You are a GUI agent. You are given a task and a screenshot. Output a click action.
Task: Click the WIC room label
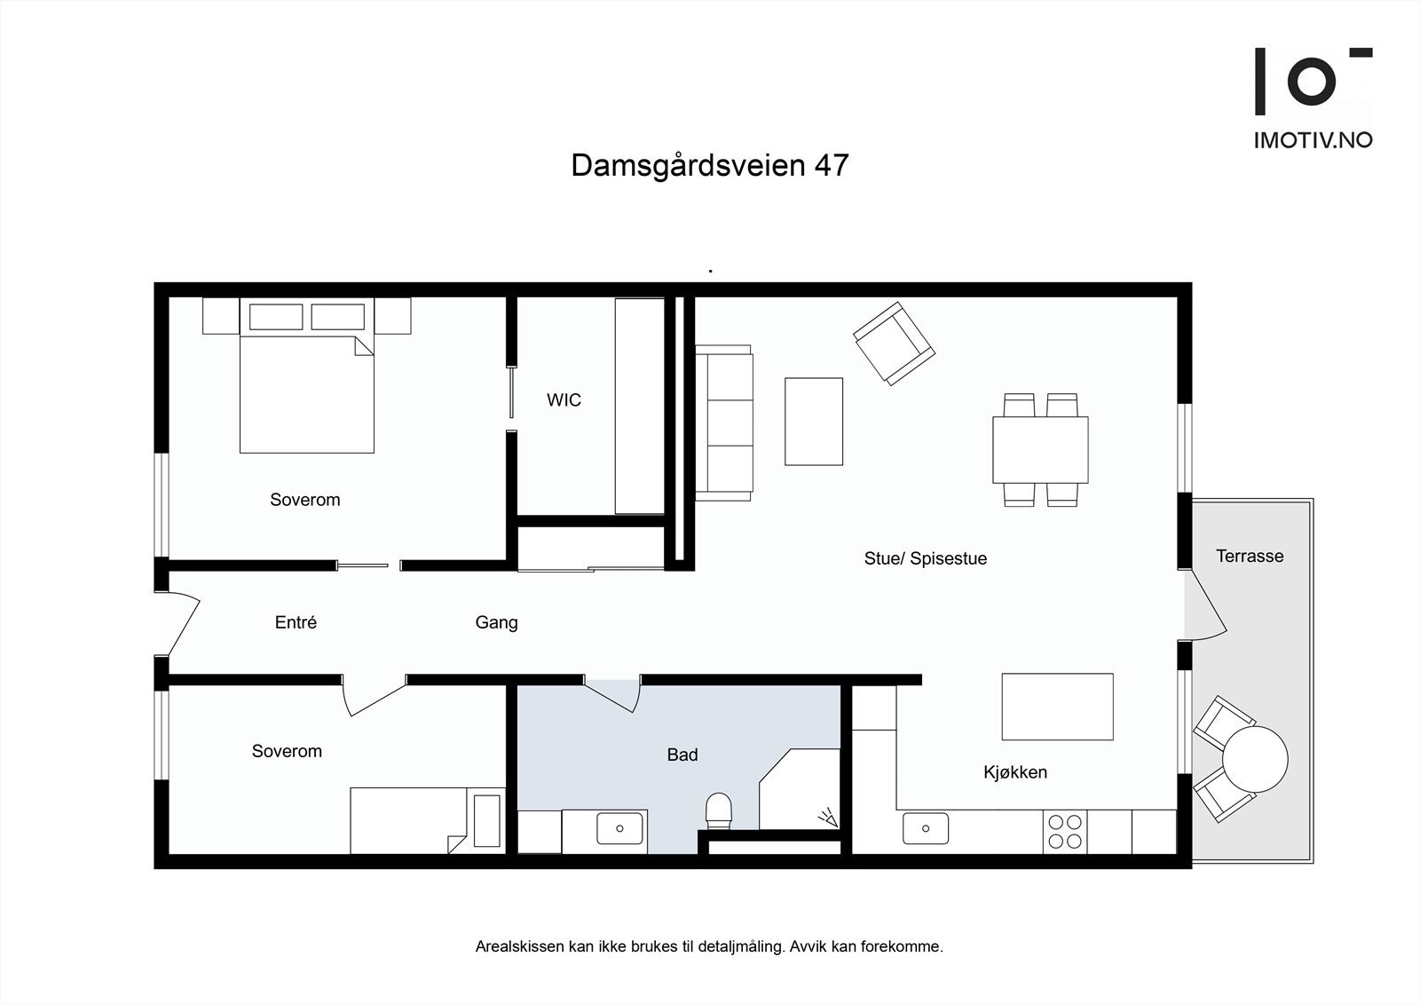coord(564,400)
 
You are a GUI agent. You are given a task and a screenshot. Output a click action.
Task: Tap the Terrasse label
coord(1249,557)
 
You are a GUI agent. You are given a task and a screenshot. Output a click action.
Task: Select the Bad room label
coord(682,755)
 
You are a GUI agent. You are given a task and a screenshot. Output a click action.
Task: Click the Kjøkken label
coord(1014,772)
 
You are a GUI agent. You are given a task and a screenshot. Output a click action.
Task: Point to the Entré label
coord(296,622)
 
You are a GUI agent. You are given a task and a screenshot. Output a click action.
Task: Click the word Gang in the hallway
coord(496,622)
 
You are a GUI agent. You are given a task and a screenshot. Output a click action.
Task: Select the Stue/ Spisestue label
coord(925,558)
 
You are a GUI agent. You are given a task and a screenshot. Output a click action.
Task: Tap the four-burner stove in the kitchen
coord(1065,832)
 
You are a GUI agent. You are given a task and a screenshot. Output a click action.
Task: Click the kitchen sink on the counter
coord(926,828)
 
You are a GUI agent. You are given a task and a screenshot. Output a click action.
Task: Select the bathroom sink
coord(619,828)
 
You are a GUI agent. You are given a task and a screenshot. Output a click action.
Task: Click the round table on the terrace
coord(1254,760)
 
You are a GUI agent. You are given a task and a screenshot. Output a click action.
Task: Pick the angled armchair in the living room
coord(894,343)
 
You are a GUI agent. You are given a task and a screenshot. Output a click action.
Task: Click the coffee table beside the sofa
coord(813,421)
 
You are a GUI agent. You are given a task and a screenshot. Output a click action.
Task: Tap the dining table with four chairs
coord(1040,449)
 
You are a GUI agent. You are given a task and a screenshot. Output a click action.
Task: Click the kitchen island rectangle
coord(1057,707)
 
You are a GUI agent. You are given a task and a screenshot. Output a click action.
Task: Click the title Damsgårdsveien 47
coord(709,165)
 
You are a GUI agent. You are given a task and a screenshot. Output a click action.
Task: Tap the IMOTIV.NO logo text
coord(1313,139)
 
